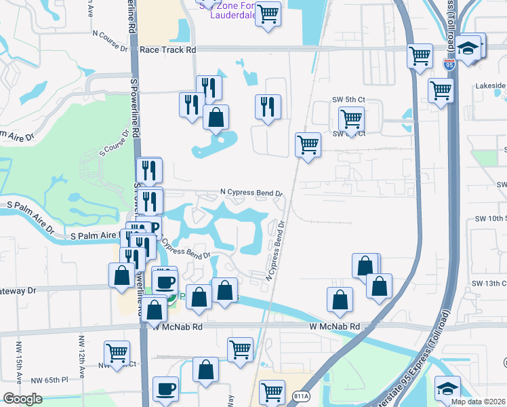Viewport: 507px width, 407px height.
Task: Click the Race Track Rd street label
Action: pyautogui.click(x=167, y=50)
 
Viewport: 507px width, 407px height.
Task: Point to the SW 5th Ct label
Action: pyautogui.click(x=348, y=100)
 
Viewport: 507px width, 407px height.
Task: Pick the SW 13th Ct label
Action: pyautogui.click(x=489, y=283)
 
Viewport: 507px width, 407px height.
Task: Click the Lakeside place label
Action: pyautogui.click(x=490, y=86)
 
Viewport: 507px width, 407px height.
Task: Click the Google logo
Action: pyautogui.click(x=22, y=399)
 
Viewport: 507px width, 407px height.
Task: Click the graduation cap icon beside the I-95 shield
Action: pyautogui.click(x=468, y=49)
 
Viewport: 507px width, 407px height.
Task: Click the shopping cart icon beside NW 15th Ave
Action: pyautogui.click(x=117, y=353)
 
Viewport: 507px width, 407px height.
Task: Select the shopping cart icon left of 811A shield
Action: pyautogui.click(x=271, y=391)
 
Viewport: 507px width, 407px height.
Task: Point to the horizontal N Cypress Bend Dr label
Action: pyautogui.click(x=251, y=193)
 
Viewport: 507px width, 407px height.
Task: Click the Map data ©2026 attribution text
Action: pyautogui.click(x=479, y=402)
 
